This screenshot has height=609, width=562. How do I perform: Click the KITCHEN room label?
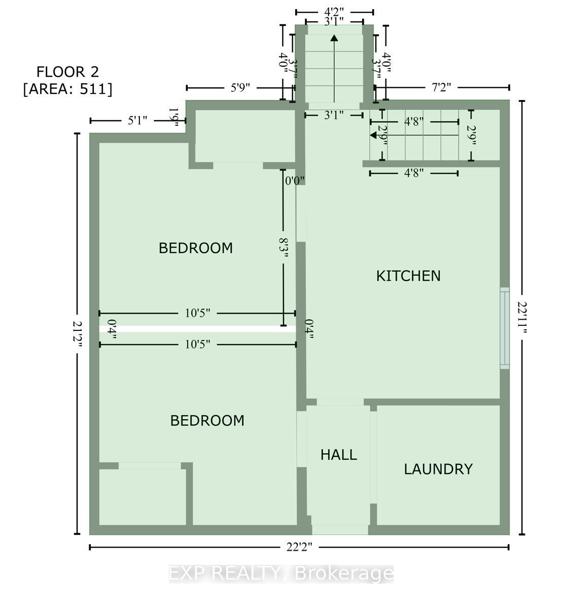[408, 276]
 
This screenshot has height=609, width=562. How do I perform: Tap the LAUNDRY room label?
[438, 469]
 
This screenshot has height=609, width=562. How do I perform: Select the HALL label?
[338, 455]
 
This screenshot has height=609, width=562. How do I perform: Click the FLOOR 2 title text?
[68, 72]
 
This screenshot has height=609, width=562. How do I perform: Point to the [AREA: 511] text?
[68, 89]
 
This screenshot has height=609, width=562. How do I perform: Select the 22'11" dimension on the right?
[522, 317]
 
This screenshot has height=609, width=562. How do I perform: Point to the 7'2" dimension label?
[441, 88]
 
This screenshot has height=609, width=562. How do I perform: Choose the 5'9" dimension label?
[241, 88]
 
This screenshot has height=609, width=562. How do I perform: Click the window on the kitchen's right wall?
[505, 328]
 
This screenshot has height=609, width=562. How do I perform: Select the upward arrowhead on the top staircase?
[334, 38]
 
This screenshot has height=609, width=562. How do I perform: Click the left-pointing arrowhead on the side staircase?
[374, 136]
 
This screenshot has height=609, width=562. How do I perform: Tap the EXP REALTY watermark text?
[281, 573]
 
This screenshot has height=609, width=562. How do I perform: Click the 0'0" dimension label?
[295, 180]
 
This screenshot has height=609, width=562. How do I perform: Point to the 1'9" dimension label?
[174, 117]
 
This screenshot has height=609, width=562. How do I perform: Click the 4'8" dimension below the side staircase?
[414, 174]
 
